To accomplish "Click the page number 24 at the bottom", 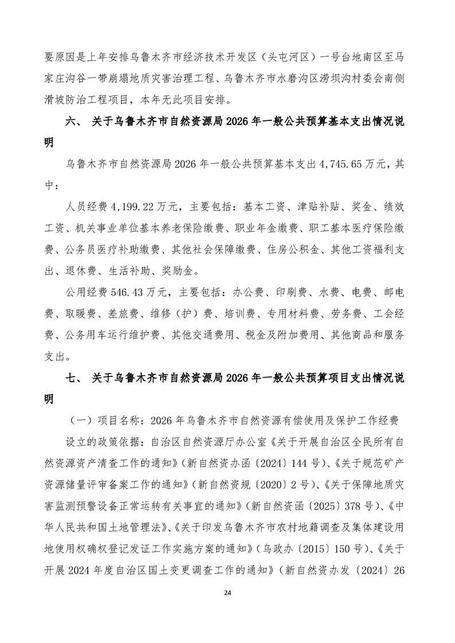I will [x=227, y=609].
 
